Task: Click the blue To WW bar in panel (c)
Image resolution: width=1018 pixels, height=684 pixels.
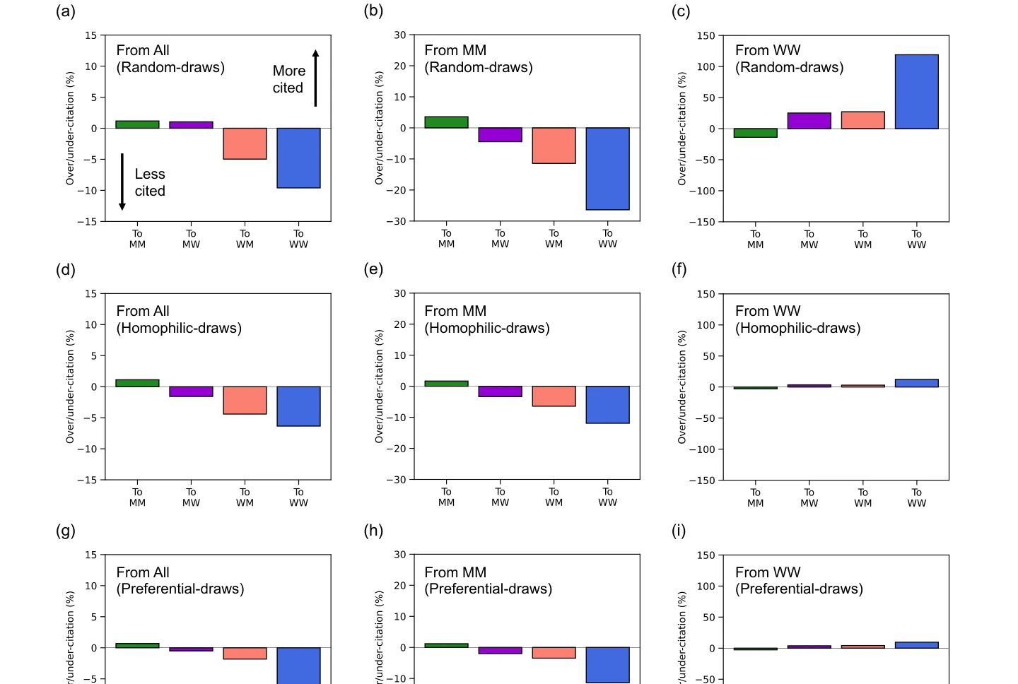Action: pos(916,92)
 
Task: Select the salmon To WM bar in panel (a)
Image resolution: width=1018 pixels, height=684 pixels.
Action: pos(245,143)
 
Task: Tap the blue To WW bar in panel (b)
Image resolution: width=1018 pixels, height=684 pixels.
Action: pos(607,169)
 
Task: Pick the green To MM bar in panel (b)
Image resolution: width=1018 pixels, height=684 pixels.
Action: pos(446,122)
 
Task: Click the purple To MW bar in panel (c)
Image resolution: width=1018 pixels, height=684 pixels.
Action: pos(809,121)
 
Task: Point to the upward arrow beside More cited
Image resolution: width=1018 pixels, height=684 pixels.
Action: pos(315,78)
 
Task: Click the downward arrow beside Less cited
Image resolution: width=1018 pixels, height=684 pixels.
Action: pos(122,182)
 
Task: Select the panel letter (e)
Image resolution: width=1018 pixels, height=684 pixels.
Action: pos(373,269)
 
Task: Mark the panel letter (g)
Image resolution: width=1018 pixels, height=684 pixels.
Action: pos(66,531)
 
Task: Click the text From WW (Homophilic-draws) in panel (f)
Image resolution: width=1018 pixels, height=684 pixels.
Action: pos(797,319)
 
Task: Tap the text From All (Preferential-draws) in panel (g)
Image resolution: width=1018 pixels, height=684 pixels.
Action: pos(180,580)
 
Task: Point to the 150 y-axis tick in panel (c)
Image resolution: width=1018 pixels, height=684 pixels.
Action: pos(706,35)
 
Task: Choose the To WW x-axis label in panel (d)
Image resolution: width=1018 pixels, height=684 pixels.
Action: pos(298,497)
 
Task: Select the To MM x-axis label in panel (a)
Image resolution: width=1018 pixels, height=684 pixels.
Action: pos(137,239)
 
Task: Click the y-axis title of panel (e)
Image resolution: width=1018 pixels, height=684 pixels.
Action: pos(379,387)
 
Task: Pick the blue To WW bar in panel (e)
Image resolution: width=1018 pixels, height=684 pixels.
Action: pos(607,405)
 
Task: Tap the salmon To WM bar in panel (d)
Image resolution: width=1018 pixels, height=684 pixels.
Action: pos(245,400)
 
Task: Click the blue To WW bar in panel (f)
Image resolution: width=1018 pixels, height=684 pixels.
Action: pos(916,383)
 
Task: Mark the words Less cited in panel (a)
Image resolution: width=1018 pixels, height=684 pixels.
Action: pos(150,182)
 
